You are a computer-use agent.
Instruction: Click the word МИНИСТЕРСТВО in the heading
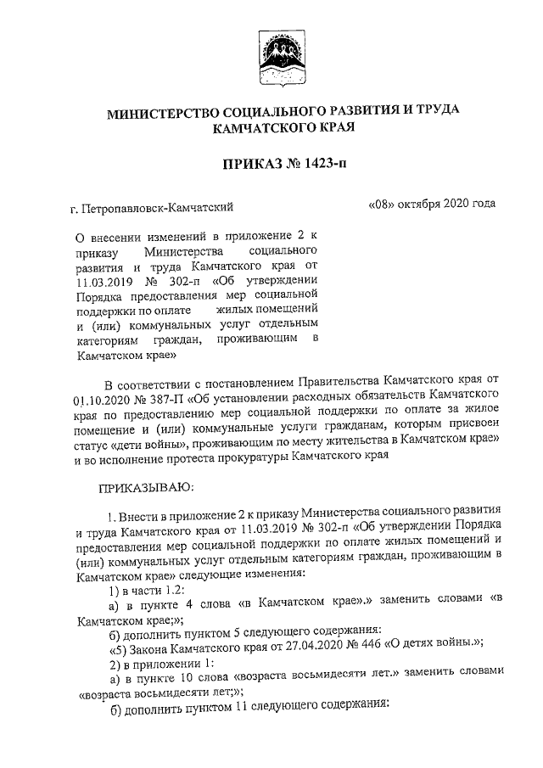coord(165,111)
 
